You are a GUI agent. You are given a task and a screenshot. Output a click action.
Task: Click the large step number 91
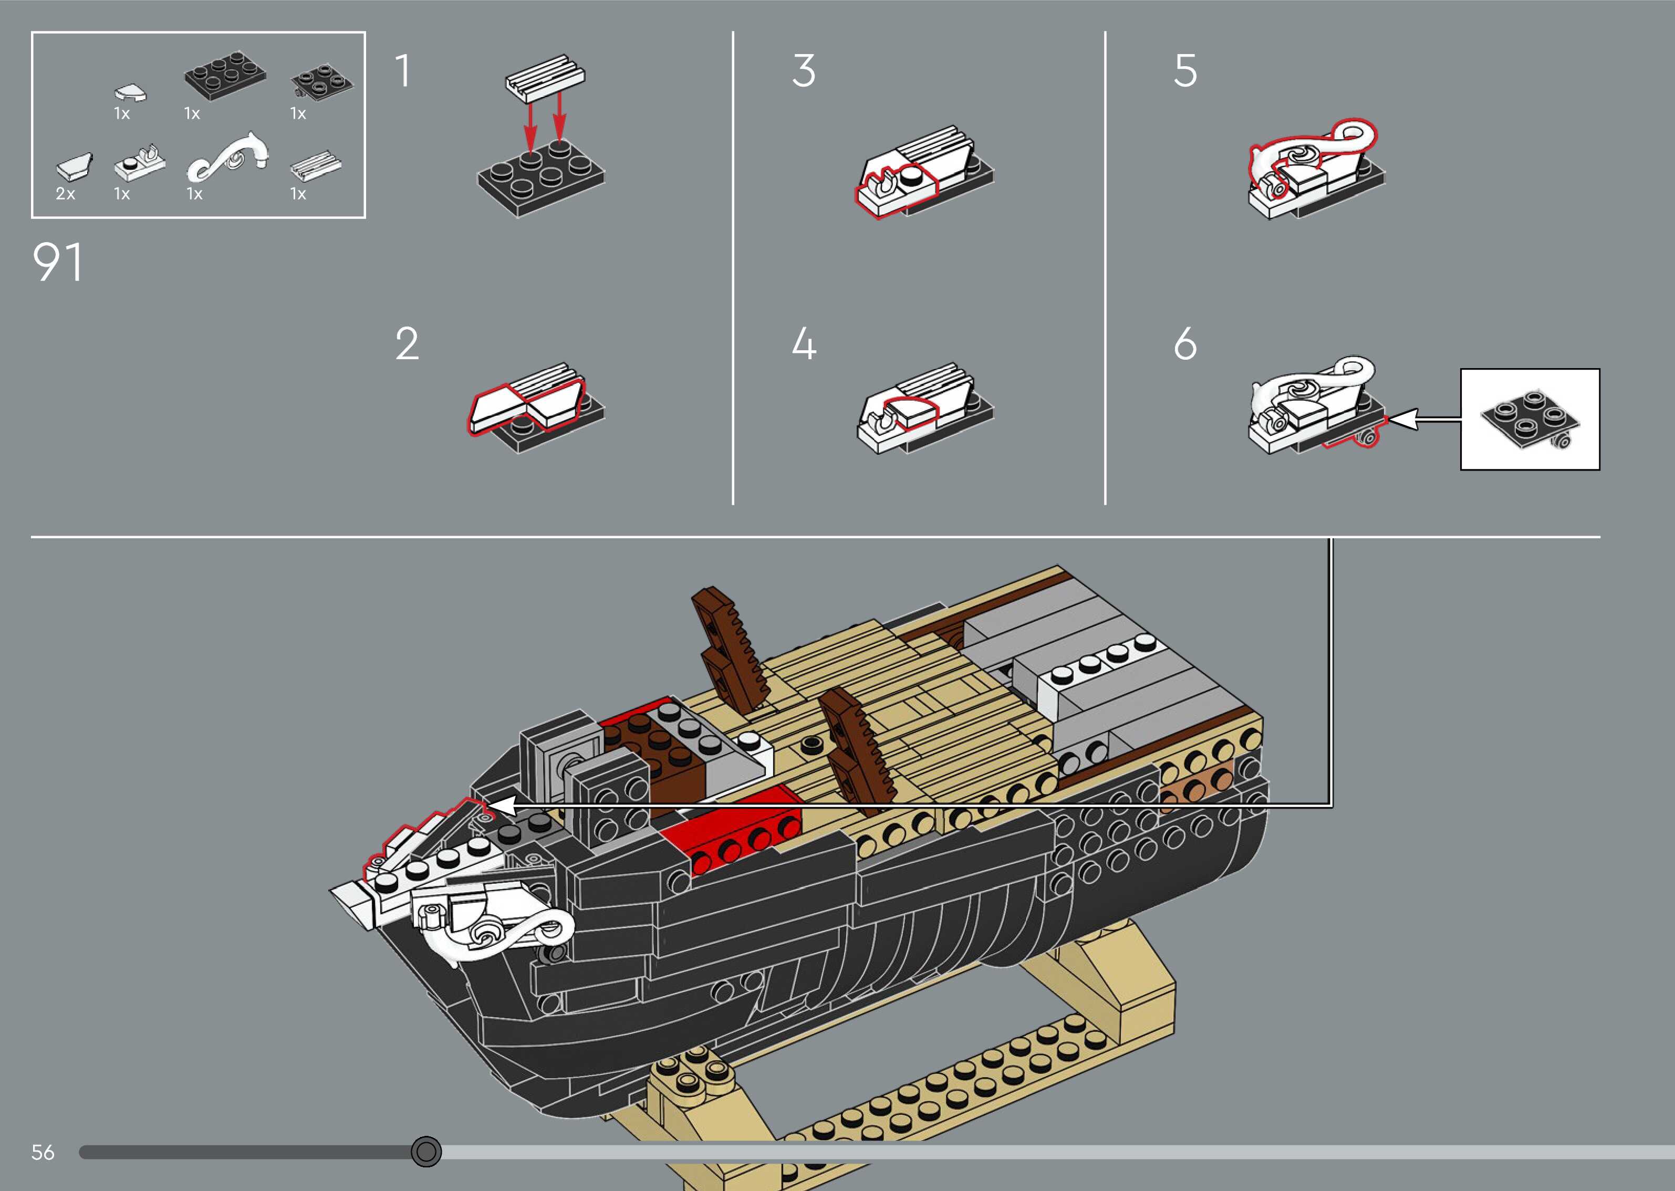coord(58,263)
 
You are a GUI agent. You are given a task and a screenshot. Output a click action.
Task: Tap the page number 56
coord(43,1152)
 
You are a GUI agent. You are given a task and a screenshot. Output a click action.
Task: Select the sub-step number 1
coord(403,71)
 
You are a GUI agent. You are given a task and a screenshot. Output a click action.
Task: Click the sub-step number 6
coord(1185,343)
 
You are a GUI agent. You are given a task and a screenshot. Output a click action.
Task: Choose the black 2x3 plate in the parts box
coord(224,74)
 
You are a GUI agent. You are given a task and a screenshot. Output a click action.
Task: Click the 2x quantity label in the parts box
coord(65,194)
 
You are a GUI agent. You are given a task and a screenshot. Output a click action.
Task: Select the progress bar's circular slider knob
coord(426,1152)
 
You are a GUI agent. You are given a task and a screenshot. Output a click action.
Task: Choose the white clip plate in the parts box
coord(139,164)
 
